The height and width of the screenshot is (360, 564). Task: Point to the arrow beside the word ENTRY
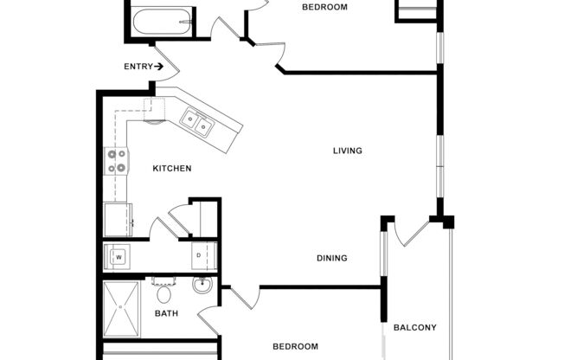[x=159, y=66]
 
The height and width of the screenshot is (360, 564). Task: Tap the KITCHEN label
[x=172, y=168]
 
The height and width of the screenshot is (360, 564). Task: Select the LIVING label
[x=347, y=151]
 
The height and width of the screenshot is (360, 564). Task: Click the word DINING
[x=331, y=258]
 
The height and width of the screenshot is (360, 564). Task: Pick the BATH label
[x=166, y=313]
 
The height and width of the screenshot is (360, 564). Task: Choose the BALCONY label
[x=414, y=327]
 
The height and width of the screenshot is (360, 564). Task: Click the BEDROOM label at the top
[x=324, y=7]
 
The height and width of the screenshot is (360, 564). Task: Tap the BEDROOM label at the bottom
[x=295, y=347]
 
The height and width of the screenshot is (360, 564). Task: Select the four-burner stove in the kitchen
[x=116, y=161]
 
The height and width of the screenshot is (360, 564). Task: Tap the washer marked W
[x=119, y=257]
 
